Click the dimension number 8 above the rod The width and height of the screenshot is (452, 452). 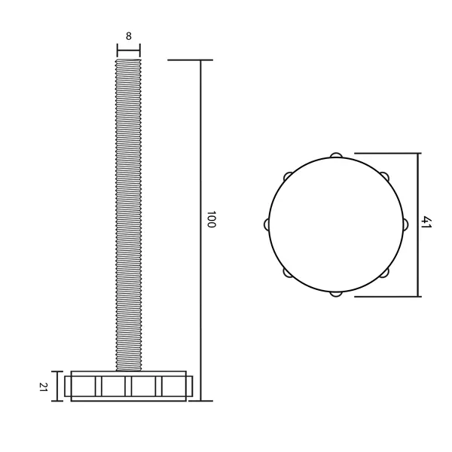tap(129, 36)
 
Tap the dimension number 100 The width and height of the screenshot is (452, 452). tap(211, 219)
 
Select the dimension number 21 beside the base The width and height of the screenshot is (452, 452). tap(43, 386)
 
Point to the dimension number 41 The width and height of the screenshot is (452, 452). tap(426, 221)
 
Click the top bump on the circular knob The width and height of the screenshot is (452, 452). tap(336, 155)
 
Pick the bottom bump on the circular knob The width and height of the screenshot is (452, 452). tap(336, 294)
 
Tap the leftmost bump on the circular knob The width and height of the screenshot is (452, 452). tap(267, 224)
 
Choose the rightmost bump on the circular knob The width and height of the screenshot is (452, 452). tap(405, 224)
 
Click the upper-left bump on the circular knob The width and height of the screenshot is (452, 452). tap(288, 176)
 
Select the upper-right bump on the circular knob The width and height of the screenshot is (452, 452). tap(384, 176)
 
